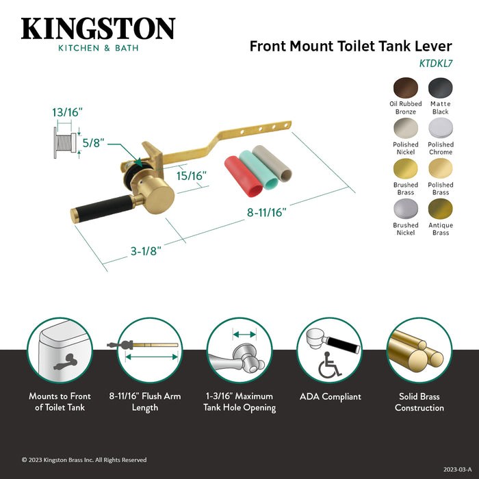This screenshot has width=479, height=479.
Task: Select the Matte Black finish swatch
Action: [441, 87]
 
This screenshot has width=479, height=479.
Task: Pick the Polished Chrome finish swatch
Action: [441, 127]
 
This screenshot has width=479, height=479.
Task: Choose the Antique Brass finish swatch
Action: [441, 208]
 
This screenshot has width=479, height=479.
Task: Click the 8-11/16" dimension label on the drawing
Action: [267, 211]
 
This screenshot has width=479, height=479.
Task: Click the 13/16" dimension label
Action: [67, 112]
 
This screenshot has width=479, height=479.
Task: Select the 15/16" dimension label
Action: [192, 175]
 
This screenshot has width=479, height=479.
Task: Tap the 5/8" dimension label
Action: [94, 143]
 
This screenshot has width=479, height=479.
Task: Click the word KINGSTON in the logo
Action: [98, 29]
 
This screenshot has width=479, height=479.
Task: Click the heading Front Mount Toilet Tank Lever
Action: [350, 47]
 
